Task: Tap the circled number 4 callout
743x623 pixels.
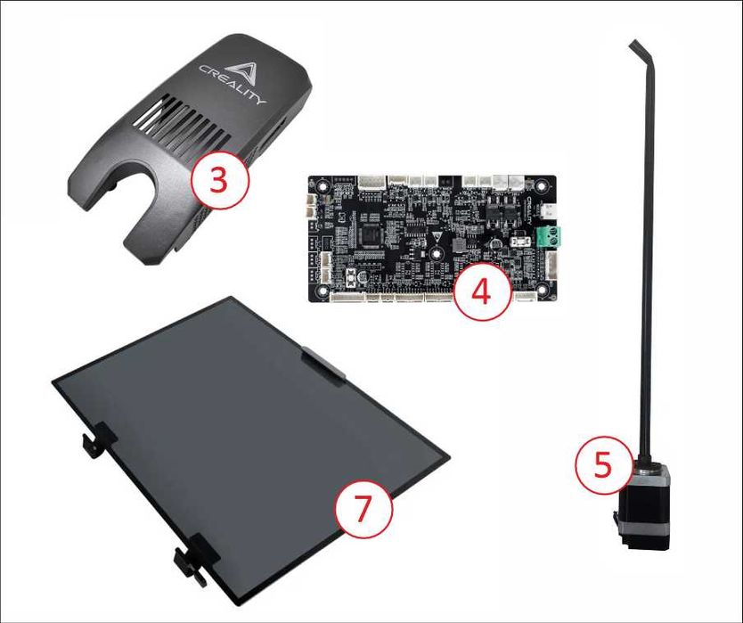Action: (x=480, y=292)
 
